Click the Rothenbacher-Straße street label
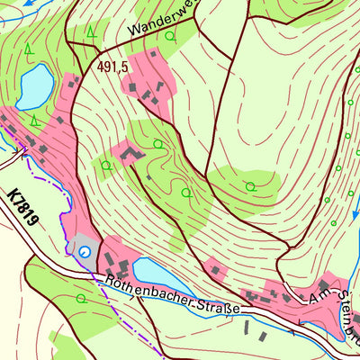[172, 296]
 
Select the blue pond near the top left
[34, 85]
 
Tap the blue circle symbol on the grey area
[85, 252]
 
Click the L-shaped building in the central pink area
[128, 155]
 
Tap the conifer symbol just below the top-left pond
[33, 119]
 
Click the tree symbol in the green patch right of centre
[251, 186]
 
